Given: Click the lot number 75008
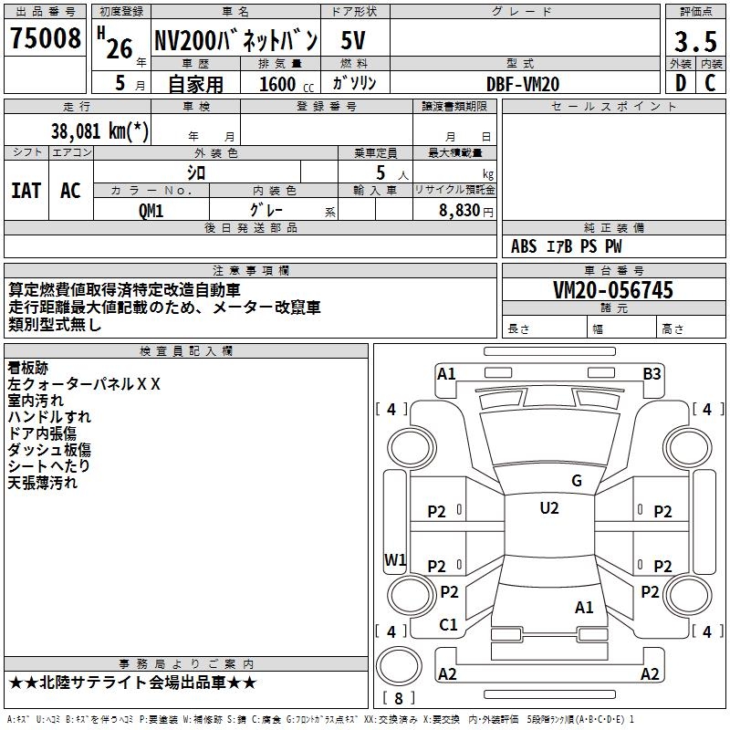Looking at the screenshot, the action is coord(45,40).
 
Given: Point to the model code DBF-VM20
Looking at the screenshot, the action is coord(524,84).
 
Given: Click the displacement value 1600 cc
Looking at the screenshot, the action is coord(283,84).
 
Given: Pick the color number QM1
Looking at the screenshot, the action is coord(151,210).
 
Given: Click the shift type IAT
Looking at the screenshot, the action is coord(26,191).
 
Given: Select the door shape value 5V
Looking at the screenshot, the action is coord(355,41).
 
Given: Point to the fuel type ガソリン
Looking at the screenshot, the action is coord(355,83).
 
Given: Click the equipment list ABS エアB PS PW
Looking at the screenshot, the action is coord(567,246).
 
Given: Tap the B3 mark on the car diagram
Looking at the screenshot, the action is coord(652,373).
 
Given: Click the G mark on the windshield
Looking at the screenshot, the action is coord(577,481).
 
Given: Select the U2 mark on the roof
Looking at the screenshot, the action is coord(548,508).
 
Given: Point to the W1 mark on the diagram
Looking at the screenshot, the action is coord(395,559).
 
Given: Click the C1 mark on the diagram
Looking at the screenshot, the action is coord(448,625).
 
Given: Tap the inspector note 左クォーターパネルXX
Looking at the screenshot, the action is coord(84,384).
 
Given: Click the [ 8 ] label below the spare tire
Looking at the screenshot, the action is coord(400,698).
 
